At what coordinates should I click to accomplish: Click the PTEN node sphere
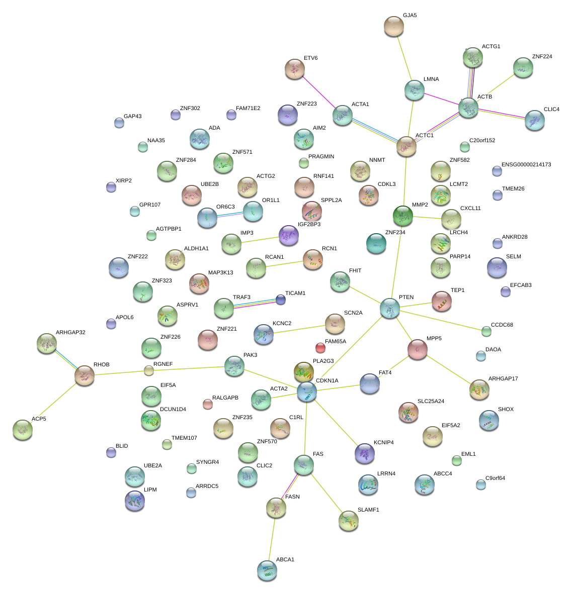pos(390,308)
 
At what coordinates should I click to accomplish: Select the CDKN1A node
pos(306,391)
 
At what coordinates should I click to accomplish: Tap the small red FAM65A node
pos(320,347)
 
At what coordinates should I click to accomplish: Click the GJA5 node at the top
pos(393,26)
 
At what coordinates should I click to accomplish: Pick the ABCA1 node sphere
pos(267,570)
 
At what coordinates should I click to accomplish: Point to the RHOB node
pos(85,375)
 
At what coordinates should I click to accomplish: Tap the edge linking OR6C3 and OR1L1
pos(230,215)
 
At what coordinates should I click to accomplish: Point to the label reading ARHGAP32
pos(70,332)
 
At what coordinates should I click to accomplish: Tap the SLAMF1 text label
pos(368,510)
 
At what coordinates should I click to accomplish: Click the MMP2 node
pos(402,216)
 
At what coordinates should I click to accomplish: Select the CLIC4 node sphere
pos(534,120)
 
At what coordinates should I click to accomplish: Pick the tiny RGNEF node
pos(148,371)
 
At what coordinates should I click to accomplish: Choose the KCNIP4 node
pos(365,453)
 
